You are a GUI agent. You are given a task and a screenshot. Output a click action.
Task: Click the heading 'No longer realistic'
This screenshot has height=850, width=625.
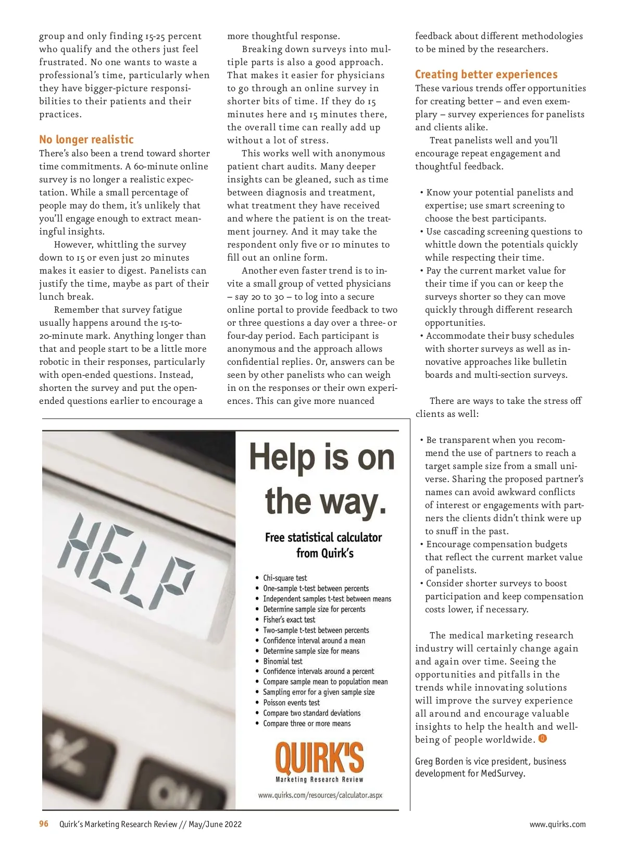[x=86, y=140]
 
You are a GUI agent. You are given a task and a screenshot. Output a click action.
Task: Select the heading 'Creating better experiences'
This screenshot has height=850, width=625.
[x=486, y=75]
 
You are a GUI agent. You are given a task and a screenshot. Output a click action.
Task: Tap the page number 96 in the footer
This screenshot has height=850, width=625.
[x=44, y=824]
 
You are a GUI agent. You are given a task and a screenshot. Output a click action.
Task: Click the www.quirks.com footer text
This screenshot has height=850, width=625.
[x=557, y=824]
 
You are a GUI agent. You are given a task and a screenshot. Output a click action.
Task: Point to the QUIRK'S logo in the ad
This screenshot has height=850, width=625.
[x=319, y=760]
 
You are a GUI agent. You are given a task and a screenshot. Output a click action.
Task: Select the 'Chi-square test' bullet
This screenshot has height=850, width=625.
[x=285, y=578]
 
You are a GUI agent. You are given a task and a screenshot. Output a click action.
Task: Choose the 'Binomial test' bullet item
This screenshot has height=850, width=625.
[x=282, y=661]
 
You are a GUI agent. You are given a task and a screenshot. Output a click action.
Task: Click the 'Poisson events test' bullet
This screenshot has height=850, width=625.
[x=291, y=703]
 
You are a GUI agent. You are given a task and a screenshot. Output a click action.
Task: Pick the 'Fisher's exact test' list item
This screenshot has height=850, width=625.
[x=289, y=620]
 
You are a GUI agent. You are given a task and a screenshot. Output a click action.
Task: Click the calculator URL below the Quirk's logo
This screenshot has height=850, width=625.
[x=320, y=795]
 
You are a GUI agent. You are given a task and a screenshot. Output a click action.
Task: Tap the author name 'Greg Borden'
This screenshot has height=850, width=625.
[x=439, y=761]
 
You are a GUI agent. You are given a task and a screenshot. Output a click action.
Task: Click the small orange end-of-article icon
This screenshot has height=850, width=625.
[x=542, y=738]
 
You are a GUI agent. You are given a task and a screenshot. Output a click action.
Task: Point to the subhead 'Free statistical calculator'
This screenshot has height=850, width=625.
[x=323, y=537]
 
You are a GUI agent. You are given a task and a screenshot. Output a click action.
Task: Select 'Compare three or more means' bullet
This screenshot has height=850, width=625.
[x=307, y=723]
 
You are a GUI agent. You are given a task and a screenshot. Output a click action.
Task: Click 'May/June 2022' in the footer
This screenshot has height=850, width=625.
[x=215, y=824]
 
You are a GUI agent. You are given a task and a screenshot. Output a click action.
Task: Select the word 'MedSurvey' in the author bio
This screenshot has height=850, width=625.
[x=502, y=773]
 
